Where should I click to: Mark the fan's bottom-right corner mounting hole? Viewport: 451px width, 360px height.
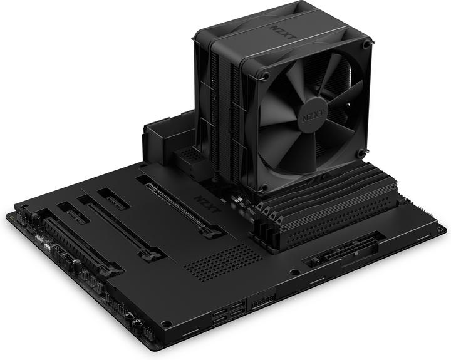[x=361, y=152]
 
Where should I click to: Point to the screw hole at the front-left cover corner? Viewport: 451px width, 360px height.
[x=166, y=323]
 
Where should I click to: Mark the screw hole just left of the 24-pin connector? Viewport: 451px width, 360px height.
[x=294, y=272]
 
